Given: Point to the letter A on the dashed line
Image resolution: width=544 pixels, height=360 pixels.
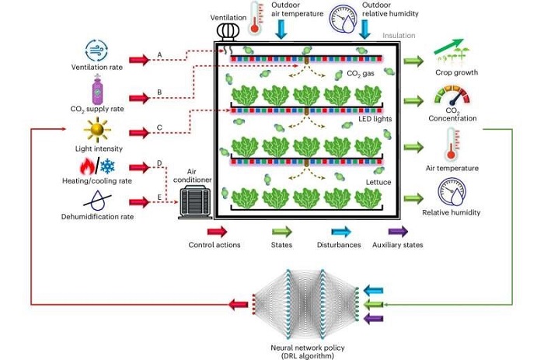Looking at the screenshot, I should tap(159, 54).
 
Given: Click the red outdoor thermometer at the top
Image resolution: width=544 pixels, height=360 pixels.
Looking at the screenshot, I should tap(254, 16).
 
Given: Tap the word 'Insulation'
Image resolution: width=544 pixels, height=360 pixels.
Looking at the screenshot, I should tap(399, 35).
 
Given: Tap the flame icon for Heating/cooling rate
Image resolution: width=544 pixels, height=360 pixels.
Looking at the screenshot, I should tap(85, 165).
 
